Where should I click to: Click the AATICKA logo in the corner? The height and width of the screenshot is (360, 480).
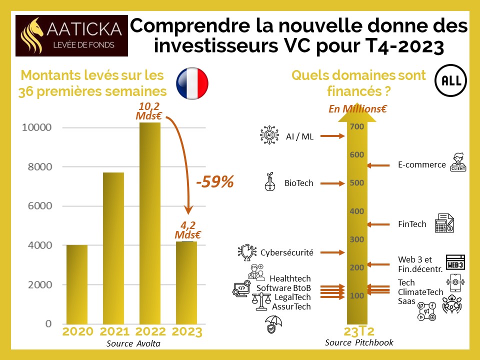[x=72, y=35]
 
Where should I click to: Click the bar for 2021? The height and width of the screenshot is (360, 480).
[x=113, y=247]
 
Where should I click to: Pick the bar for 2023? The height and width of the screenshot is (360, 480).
[x=186, y=282]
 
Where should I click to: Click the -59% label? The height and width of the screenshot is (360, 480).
[x=214, y=182]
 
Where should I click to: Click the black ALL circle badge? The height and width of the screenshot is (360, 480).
[x=448, y=81]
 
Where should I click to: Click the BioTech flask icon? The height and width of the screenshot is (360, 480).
[x=270, y=183]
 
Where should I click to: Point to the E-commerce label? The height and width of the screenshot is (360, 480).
[x=421, y=164]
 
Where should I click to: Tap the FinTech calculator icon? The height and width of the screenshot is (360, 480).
[x=444, y=223]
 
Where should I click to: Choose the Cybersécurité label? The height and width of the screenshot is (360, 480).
[x=287, y=252]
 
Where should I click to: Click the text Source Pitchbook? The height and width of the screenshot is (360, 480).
[x=359, y=342]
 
